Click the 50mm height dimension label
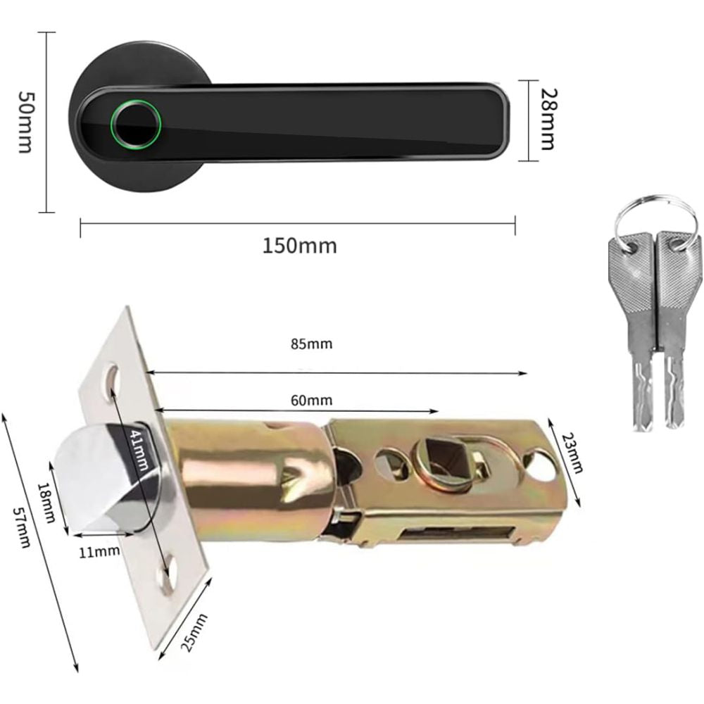tap(24, 121)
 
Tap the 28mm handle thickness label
tap(548, 119)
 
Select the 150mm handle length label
tap(299, 246)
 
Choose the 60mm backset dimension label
tap(310, 401)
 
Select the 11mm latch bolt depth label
tap(99, 551)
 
